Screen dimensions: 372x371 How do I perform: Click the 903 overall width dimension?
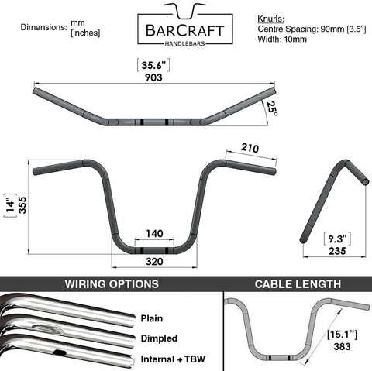153,77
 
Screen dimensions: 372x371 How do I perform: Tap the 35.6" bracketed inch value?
153,65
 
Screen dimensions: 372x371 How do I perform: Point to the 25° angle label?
272,108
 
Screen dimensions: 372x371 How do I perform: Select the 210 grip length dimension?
250,148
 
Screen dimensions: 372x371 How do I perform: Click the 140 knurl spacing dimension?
154,234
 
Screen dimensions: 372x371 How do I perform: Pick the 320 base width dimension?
154,262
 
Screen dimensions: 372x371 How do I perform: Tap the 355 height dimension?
22,205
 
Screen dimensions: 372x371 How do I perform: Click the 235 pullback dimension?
337,251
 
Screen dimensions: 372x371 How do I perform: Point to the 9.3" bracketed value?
337,239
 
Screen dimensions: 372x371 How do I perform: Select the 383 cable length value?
342,346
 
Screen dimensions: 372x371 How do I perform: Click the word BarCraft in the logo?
185,30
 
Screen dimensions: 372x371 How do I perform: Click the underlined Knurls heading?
270,19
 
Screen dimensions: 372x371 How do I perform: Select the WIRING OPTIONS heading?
112,284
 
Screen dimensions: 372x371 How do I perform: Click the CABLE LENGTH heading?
298,284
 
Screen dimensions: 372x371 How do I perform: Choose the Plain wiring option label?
152,318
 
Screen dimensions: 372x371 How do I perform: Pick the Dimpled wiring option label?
159,338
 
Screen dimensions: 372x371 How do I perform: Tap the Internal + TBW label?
173,359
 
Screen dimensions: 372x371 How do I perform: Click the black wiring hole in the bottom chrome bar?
60,352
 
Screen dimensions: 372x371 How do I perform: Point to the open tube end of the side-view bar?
366,181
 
